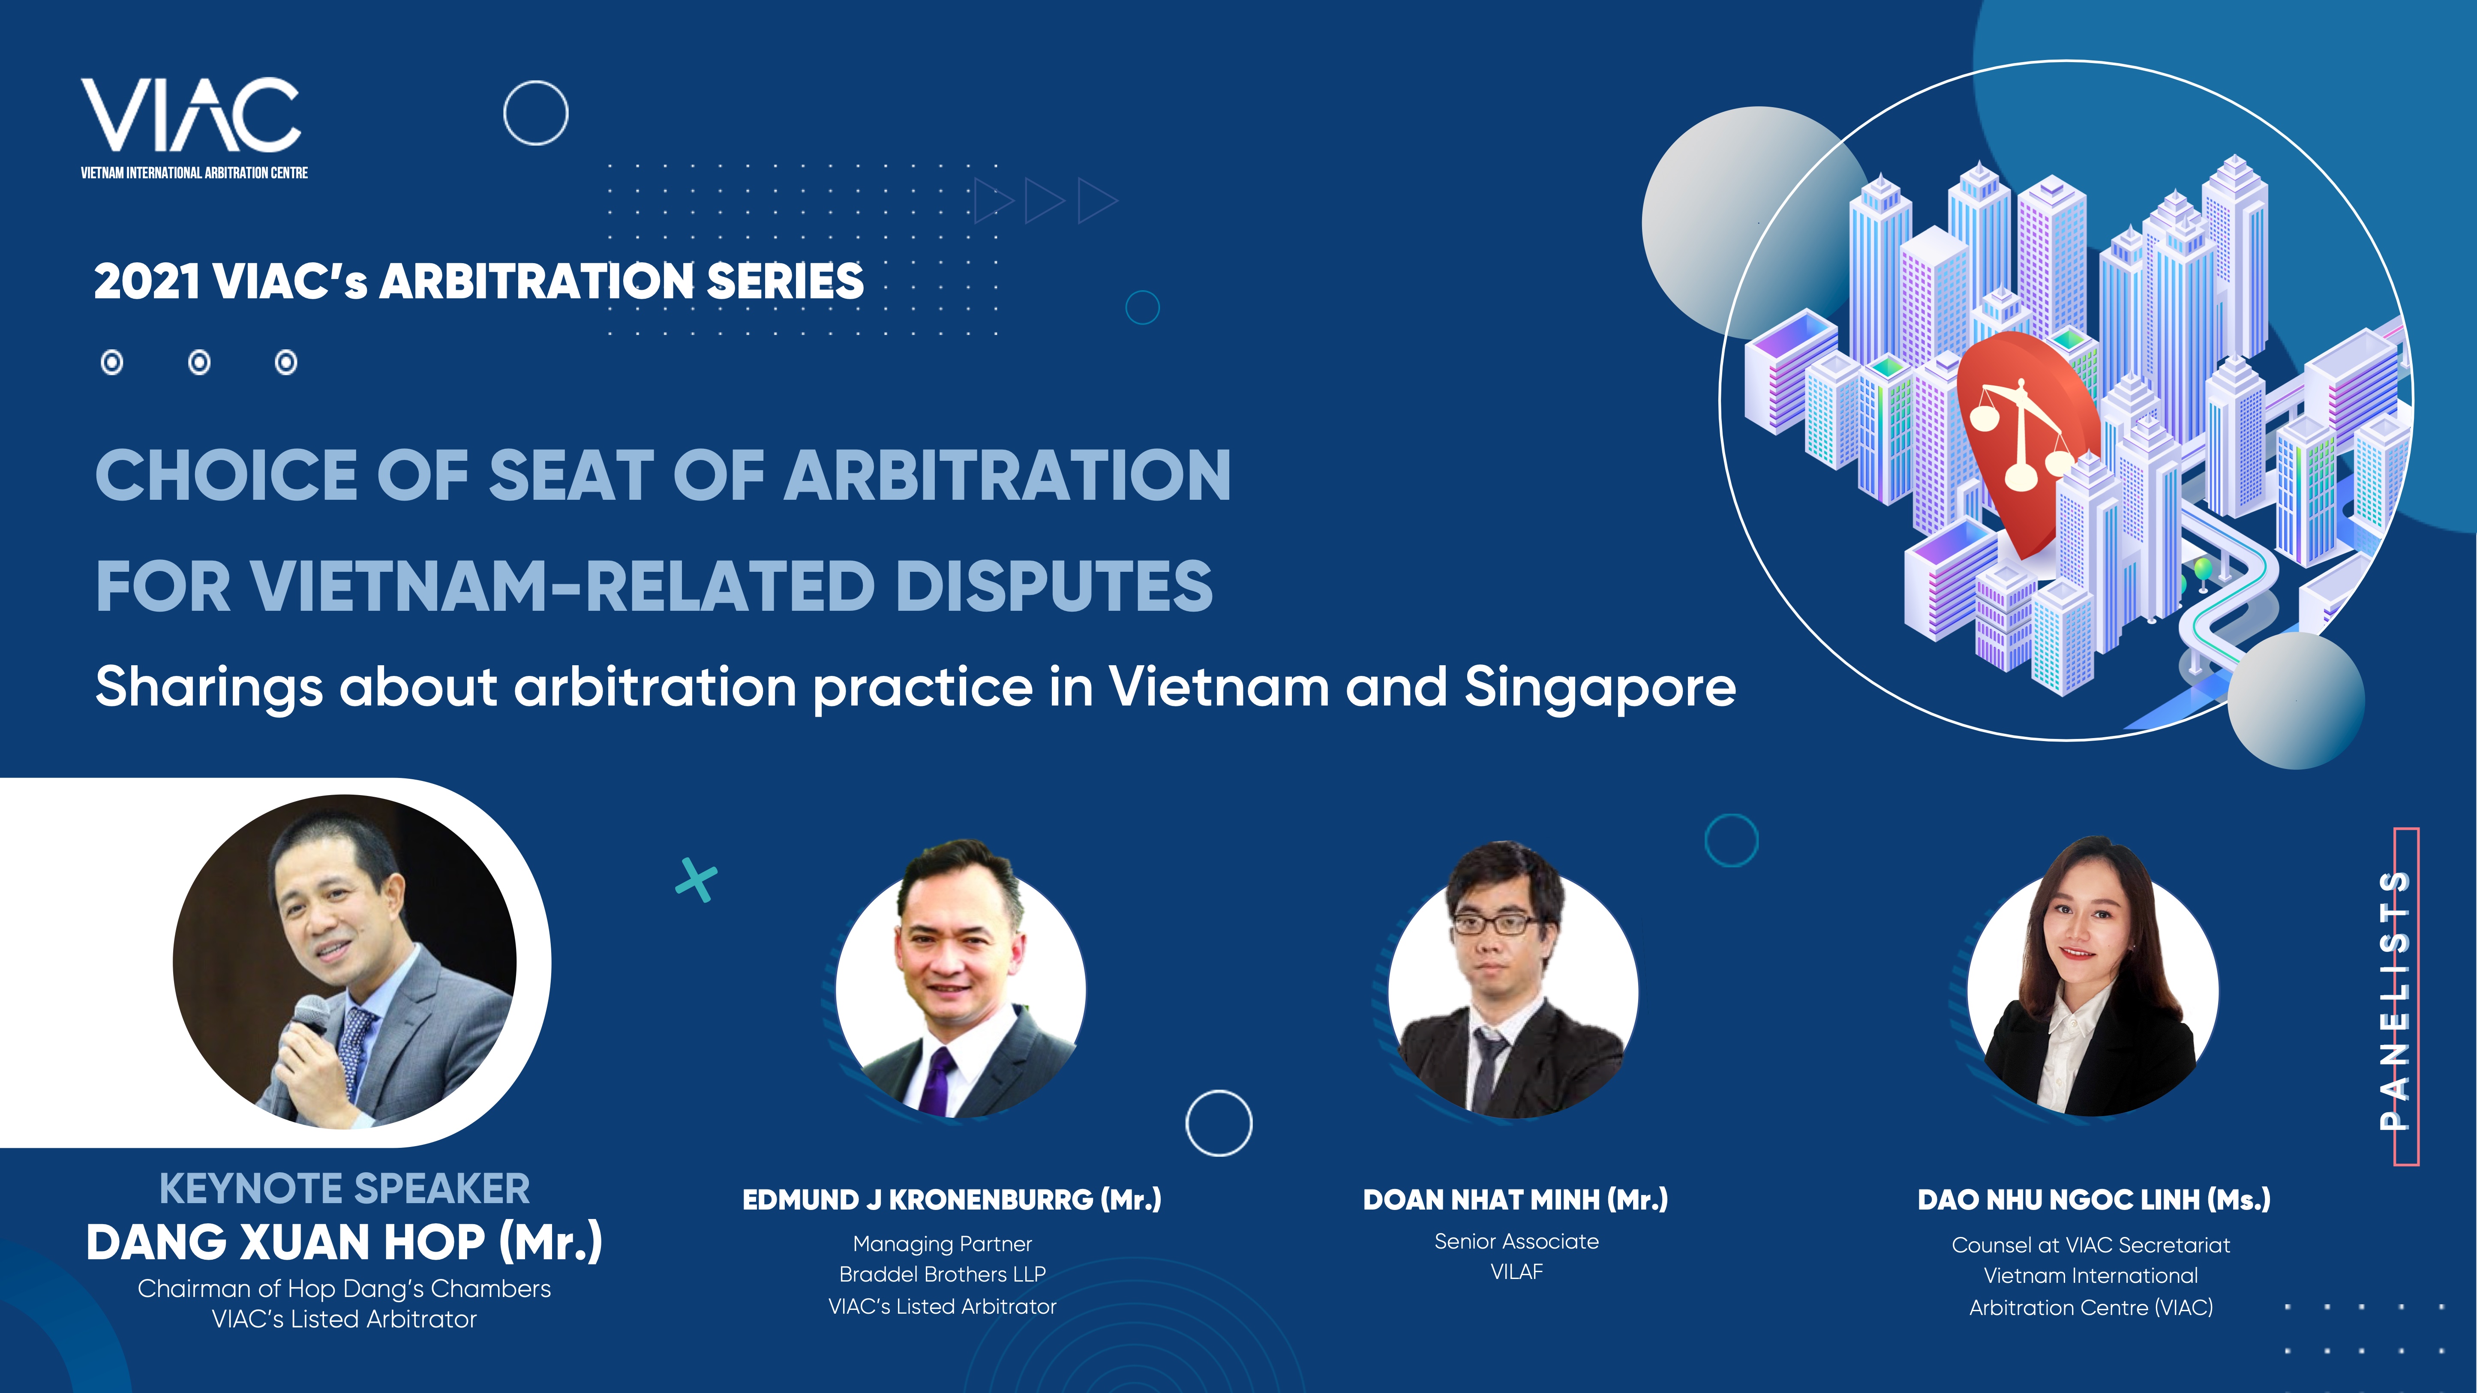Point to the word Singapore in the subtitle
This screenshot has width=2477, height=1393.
click(1600, 688)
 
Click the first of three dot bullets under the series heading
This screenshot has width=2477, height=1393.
click(112, 363)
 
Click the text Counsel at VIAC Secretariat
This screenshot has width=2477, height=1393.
click(2090, 1245)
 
